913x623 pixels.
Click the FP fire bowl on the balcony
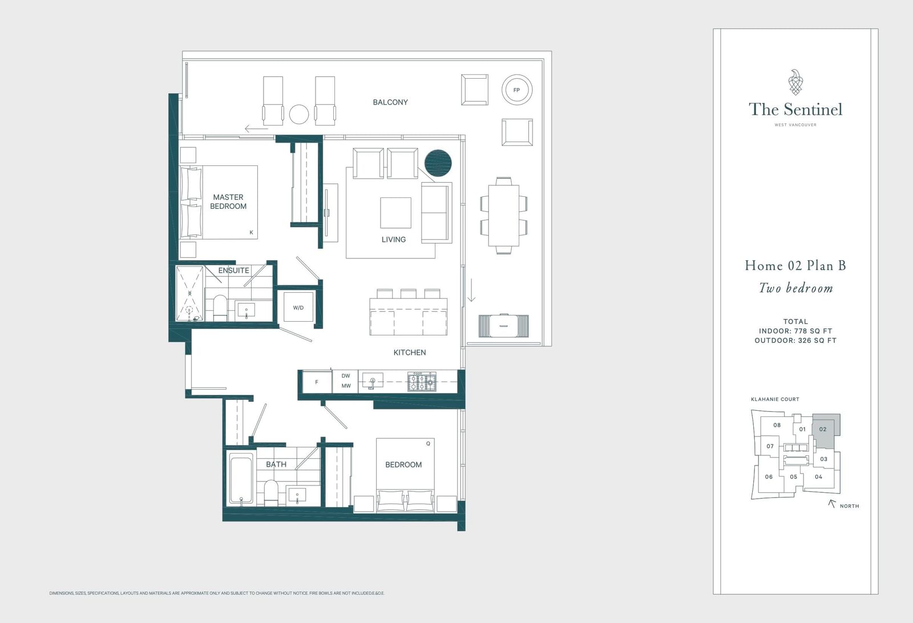point(517,90)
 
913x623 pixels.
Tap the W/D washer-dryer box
point(298,308)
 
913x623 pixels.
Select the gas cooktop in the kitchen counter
point(422,382)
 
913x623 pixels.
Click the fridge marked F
point(317,382)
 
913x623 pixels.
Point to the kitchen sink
point(373,381)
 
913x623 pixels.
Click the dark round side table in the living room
point(438,163)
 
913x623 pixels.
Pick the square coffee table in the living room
point(396,213)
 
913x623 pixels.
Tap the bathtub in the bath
point(242,479)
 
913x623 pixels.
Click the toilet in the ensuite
point(220,308)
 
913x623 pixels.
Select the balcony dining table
point(504,215)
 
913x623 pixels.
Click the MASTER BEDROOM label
point(228,202)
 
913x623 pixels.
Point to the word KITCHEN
point(410,353)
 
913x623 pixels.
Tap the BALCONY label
point(390,102)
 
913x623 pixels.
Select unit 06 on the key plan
point(769,477)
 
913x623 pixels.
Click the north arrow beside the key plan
point(832,504)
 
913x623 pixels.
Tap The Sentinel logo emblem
point(795,82)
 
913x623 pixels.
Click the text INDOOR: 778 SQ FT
point(795,331)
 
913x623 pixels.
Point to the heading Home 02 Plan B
point(795,266)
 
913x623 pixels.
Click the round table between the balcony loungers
point(299,114)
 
